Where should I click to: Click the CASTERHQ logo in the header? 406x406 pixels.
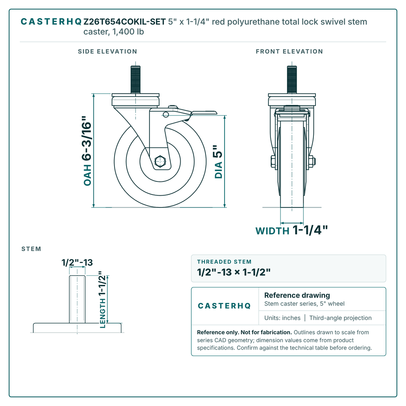pos(51,22)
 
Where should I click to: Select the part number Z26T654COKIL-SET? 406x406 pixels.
pos(125,22)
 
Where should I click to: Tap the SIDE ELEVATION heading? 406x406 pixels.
pos(108,52)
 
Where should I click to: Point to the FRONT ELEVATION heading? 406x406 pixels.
pos(289,52)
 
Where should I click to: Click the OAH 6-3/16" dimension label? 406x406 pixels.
pos(87,151)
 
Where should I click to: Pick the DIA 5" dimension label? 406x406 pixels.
pos(218,162)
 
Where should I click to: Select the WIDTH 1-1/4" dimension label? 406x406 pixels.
pos(292,230)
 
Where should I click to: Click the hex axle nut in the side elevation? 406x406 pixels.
pos(160,162)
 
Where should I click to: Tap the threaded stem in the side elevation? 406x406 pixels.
pos(136,80)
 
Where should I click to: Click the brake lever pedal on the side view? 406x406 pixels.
pos(204,112)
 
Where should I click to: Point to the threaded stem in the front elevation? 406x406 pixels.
pos(292,80)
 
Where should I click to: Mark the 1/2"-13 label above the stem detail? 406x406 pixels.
pos(77,263)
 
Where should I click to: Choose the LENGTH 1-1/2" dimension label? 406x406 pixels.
pos(103,300)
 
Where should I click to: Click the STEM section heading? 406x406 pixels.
pos(31,249)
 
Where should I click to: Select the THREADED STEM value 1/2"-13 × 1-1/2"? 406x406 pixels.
pos(233,272)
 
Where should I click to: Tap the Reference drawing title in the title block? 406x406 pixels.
pos(297,295)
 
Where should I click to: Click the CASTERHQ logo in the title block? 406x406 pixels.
pos(224,306)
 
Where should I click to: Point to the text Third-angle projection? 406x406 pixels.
pos(340,318)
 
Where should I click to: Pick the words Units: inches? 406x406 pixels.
pos(282,318)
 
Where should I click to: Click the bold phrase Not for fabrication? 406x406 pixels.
pos(266,332)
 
